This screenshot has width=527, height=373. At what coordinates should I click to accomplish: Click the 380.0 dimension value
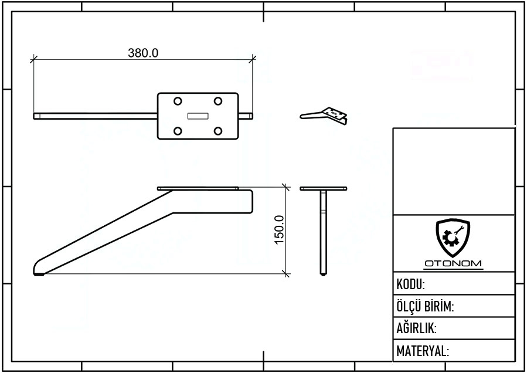point(143,53)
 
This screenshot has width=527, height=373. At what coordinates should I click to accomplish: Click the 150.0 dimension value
point(279,230)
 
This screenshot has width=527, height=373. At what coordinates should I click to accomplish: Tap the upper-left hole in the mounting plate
point(178,101)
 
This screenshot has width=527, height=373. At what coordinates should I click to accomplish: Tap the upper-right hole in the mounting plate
point(218,101)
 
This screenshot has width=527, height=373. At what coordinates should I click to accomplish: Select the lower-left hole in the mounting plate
point(178,131)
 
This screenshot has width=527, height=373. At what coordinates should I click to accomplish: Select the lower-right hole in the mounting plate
point(218,131)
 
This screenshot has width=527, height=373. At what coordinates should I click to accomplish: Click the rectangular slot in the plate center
point(198,116)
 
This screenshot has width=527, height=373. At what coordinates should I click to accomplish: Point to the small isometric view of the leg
point(324,116)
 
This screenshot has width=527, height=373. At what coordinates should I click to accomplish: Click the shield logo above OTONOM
point(453,238)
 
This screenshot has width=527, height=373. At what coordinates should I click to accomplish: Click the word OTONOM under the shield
point(453,263)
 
